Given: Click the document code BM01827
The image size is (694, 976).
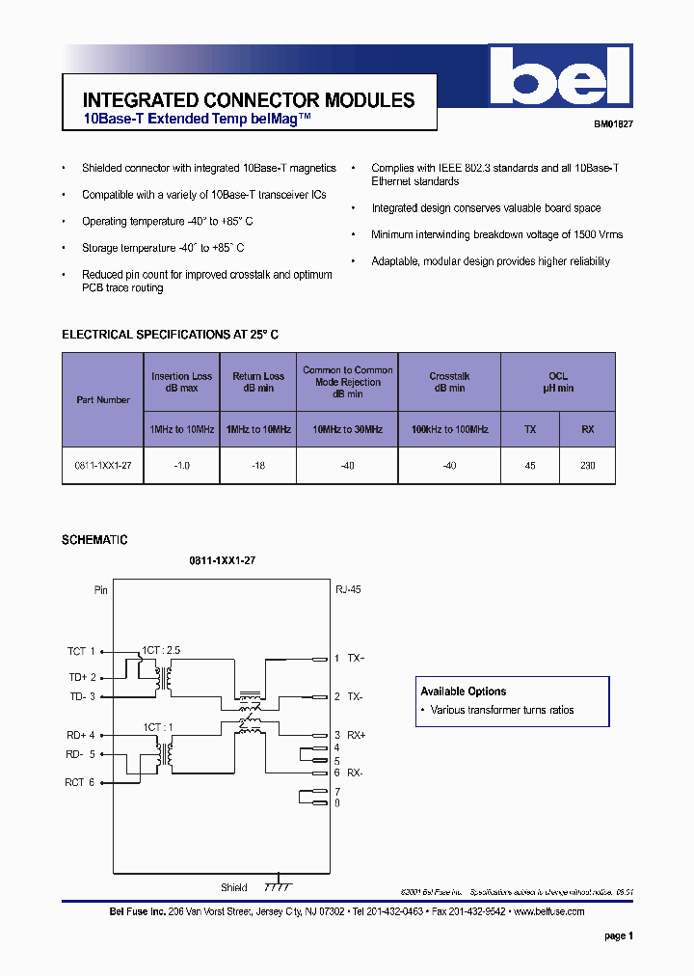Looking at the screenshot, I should (x=613, y=124).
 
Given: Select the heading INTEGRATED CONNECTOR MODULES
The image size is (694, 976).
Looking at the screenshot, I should (x=249, y=100).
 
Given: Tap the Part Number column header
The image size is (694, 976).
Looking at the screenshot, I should (x=103, y=399).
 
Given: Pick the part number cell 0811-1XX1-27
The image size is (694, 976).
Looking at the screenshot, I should (x=103, y=465).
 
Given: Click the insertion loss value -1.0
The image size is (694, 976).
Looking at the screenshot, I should (x=182, y=465).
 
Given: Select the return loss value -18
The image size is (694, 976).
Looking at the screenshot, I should (x=258, y=465).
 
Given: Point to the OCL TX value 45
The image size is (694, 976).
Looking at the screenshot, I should (x=529, y=465).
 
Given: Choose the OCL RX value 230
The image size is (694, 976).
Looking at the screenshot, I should (x=587, y=465).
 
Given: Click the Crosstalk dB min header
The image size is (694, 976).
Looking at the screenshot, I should (x=449, y=382).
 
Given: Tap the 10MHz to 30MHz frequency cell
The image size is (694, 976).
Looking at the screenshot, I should (x=347, y=429).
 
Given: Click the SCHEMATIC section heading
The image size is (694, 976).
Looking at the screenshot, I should (x=94, y=540).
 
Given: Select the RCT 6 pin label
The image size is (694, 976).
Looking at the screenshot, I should (x=81, y=782).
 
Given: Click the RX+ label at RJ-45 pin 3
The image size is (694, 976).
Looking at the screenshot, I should (x=357, y=735).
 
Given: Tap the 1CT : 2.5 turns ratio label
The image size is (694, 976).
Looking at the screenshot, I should (x=161, y=650).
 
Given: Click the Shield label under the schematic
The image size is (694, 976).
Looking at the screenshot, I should (x=234, y=887).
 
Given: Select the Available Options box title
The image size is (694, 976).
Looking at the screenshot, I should (x=463, y=691).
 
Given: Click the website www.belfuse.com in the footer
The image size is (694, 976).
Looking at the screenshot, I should (x=549, y=911).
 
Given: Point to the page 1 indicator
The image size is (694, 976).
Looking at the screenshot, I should (x=619, y=935).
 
